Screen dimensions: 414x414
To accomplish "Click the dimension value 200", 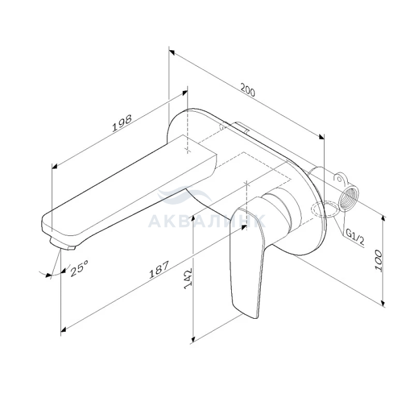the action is pyautogui.click(x=248, y=90).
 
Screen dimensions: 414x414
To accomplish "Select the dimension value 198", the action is pyautogui.click(x=122, y=123).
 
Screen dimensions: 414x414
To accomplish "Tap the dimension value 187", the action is pyautogui.click(x=159, y=270).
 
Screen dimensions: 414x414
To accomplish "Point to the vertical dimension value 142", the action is pyautogui.click(x=188, y=279).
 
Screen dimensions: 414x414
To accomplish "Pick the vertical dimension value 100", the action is pyautogui.click(x=379, y=260).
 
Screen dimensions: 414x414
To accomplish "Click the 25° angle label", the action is pyautogui.click(x=79, y=268).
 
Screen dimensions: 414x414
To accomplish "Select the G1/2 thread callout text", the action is pyautogui.click(x=355, y=237).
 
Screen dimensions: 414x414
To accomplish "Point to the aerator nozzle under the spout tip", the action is pyautogui.click(x=62, y=243).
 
